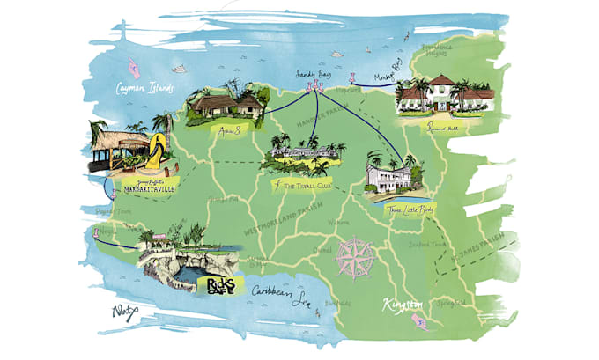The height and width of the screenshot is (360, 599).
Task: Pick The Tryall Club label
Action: point(307,187)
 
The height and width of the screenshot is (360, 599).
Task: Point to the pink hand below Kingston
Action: point(425,325)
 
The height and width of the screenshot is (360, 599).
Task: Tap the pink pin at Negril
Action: point(95,234)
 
